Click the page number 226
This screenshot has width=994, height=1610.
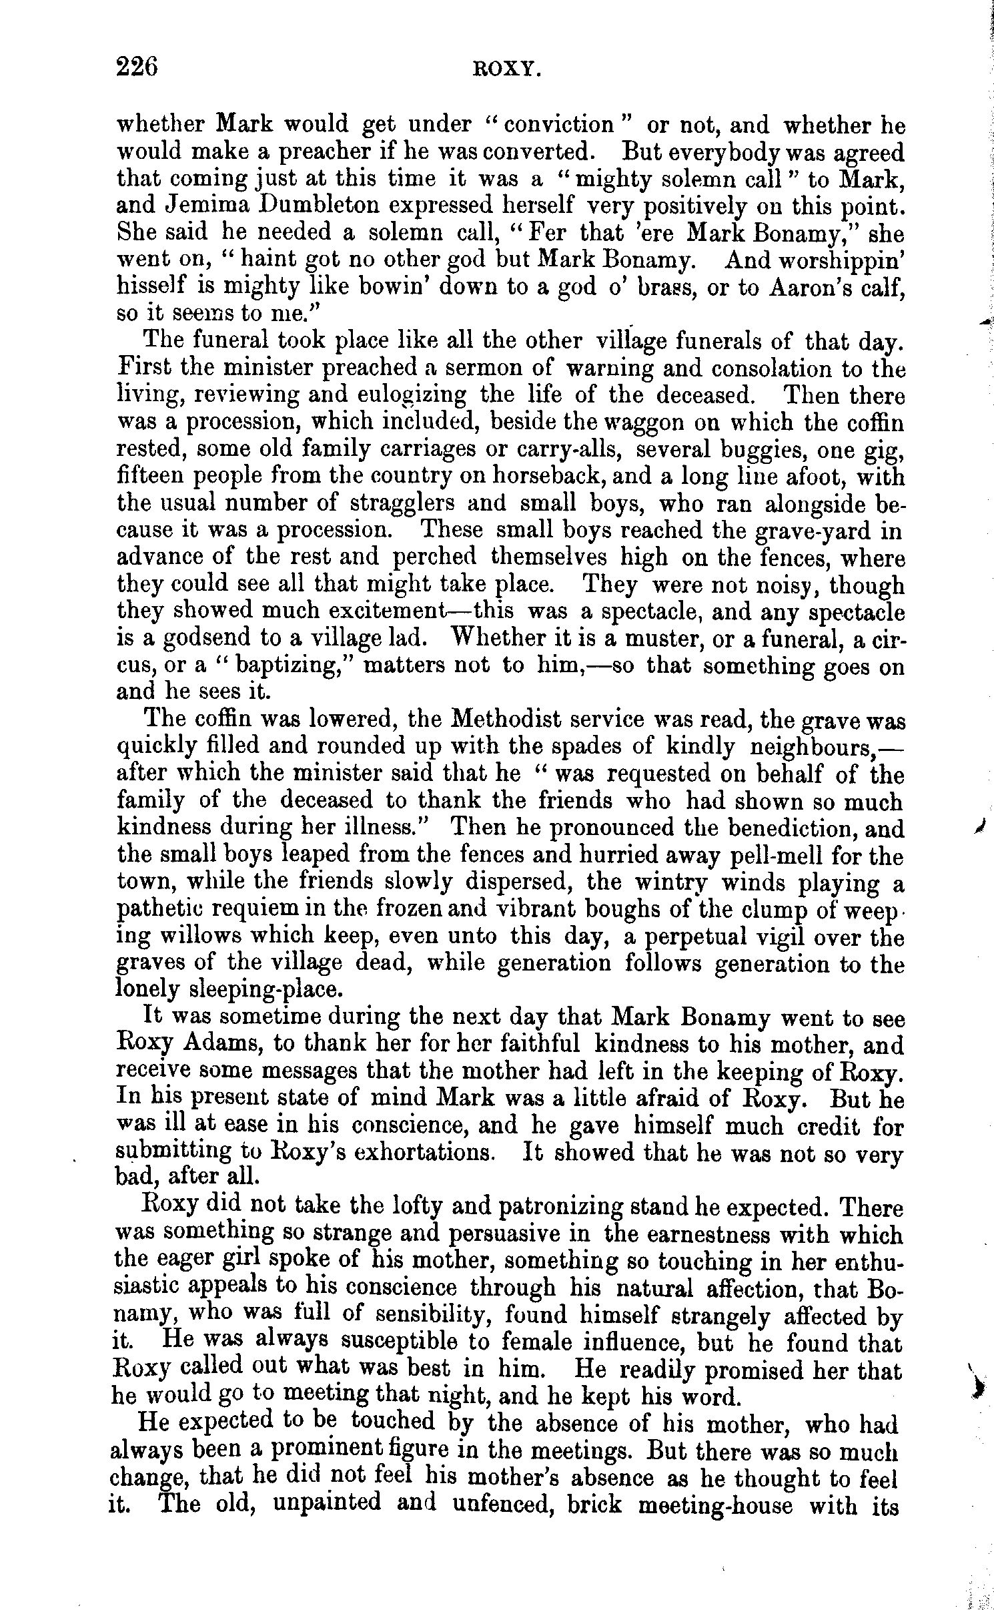point(137,67)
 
